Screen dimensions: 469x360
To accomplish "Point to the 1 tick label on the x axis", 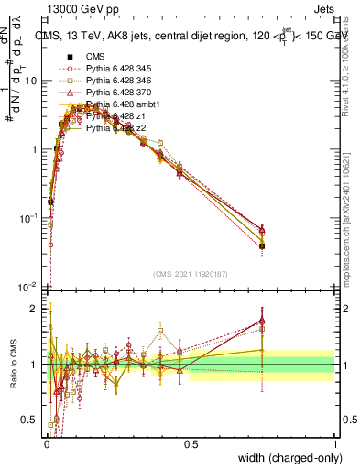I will click(x=333, y=444).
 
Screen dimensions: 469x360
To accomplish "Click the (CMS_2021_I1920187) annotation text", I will click(x=190, y=275).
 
